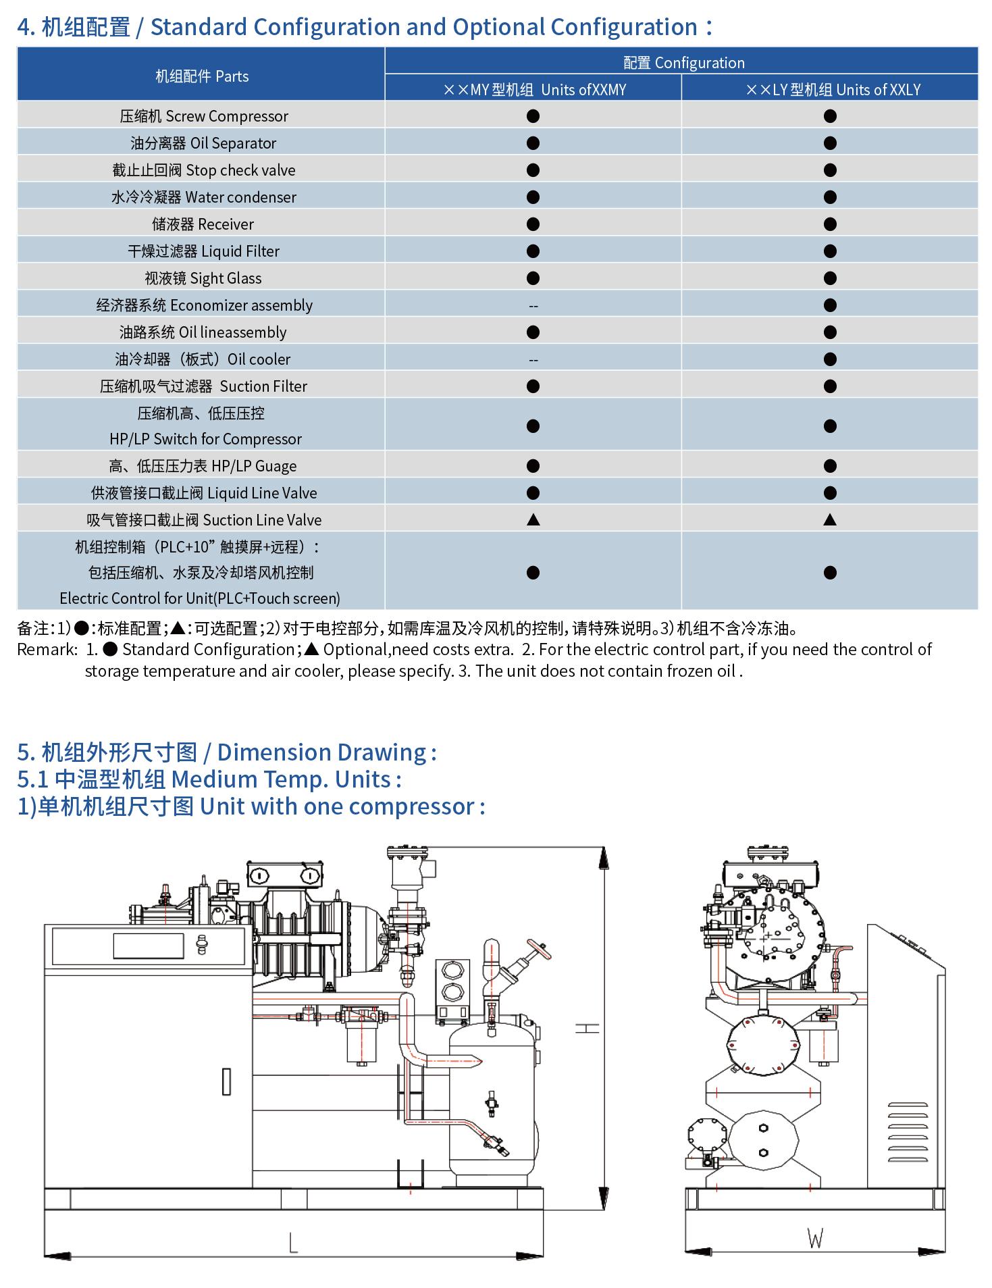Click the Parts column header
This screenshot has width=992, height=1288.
(x=202, y=76)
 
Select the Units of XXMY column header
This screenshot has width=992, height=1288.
(x=534, y=90)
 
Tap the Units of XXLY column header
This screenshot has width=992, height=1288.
(x=833, y=90)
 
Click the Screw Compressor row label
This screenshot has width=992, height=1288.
(x=204, y=116)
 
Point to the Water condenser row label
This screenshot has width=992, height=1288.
(x=204, y=197)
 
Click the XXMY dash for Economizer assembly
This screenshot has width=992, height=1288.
(x=533, y=306)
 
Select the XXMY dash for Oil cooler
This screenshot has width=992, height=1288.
(x=533, y=360)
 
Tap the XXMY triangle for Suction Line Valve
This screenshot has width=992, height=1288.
(x=533, y=519)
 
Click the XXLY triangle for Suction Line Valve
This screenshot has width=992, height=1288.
(x=830, y=519)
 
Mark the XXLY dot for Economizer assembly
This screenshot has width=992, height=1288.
(x=830, y=305)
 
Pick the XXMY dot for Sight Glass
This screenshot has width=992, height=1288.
(x=533, y=278)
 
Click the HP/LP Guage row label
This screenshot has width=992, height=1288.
(x=203, y=466)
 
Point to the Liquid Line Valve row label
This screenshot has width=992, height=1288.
(x=204, y=493)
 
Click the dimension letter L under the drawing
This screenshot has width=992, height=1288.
(x=293, y=1242)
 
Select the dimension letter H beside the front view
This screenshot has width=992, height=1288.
(x=587, y=1029)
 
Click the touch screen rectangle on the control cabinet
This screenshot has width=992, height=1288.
(x=149, y=946)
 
